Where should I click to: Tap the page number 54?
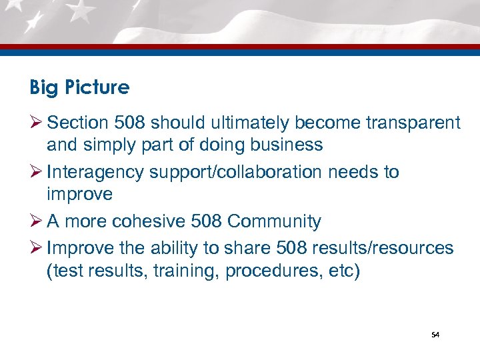[435, 335]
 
